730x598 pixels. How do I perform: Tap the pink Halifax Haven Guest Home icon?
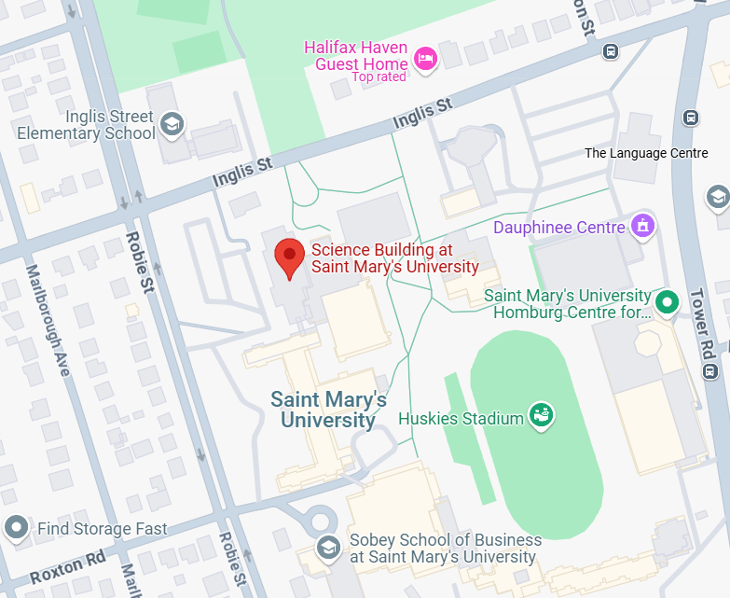427,58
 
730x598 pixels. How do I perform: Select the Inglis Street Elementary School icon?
172,123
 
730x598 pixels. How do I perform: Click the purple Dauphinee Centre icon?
642,226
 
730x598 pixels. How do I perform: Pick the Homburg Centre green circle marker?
667,302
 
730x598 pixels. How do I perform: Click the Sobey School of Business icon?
327,548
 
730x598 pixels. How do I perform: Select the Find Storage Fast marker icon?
17,528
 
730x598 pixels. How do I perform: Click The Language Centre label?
646,153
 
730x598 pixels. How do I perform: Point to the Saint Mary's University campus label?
328,410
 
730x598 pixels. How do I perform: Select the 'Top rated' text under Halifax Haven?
379,77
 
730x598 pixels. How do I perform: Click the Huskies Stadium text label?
461,419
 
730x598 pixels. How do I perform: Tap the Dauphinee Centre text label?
558,228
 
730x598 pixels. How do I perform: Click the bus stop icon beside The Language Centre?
691,118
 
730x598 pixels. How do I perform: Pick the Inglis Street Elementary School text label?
86,125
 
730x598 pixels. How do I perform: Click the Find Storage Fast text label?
102,529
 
